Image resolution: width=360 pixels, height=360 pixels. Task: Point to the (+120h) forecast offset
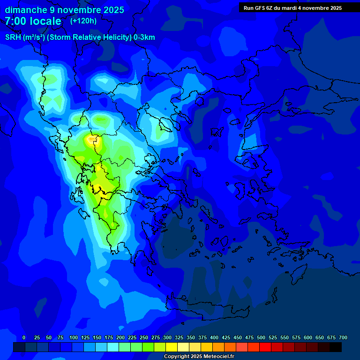pyautogui.click(x=83, y=21)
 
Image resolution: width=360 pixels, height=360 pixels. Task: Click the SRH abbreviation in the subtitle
pyautogui.click(x=13, y=37)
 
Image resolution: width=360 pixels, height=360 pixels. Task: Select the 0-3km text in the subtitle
pyautogui.click(x=144, y=37)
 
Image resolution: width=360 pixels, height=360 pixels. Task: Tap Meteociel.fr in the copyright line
pyautogui.click(x=217, y=357)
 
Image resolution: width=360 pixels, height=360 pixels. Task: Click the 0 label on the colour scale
pyautogui.click(x=24, y=337)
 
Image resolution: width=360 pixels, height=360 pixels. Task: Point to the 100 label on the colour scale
pyautogui.click(x=74, y=337)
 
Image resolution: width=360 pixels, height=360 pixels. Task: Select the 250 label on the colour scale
pyautogui.click(x=144, y=337)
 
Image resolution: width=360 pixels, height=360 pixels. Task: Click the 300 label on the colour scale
pyautogui.click(x=167, y=337)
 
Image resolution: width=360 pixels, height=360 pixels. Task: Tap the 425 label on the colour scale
pyautogui.click(x=226, y=337)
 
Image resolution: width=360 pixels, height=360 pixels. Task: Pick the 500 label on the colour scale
pyautogui.click(x=261, y=337)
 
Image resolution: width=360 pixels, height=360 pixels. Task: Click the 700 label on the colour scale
pyautogui.click(x=343, y=337)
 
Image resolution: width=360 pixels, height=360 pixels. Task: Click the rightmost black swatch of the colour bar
pyautogui.click(x=336, y=347)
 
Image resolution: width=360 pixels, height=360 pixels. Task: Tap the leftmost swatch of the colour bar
pyautogui.click(x=19, y=347)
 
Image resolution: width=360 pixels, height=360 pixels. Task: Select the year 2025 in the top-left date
pyautogui.click(x=114, y=10)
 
